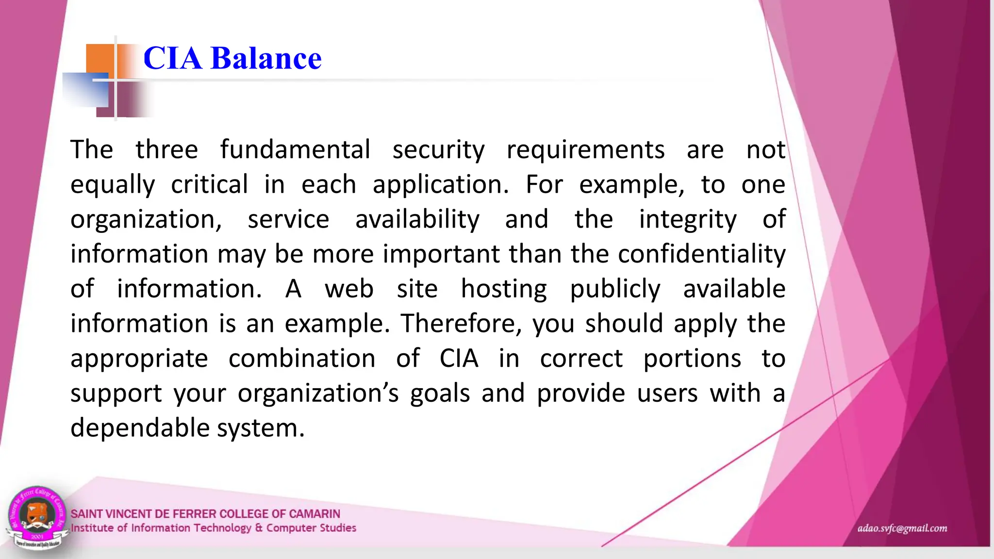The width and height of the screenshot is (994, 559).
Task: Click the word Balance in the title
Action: click(x=266, y=58)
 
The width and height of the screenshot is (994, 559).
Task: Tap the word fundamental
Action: click(x=295, y=149)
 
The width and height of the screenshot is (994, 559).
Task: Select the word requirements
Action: click(x=585, y=149)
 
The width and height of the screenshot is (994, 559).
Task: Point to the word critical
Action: click(x=209, y=184)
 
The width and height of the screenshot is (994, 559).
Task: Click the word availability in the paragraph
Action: click(x=417, y=219)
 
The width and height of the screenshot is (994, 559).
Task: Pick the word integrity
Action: click(x=687, y=219)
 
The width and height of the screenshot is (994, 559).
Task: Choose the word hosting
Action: click(x=503, y=289)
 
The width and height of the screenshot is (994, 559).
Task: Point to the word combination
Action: click(x=302, y=359)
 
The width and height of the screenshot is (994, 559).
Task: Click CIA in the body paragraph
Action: click(x=459, y=359)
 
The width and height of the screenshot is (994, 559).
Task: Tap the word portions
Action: click(x=692, y=359)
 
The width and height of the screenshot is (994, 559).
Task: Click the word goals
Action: click(x=440, y=394)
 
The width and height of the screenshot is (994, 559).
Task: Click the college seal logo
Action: click(x=36, y=517)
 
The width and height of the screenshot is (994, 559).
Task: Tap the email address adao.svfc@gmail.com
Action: click(x=902, y=528)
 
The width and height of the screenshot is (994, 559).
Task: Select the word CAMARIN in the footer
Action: click(x=315, y=513)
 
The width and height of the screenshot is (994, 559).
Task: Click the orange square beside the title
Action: click(x=99, y=59)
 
